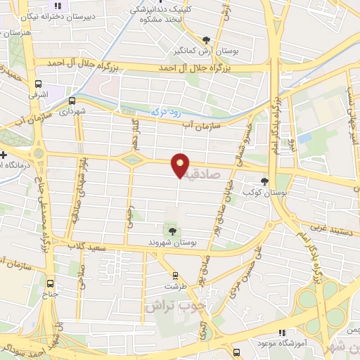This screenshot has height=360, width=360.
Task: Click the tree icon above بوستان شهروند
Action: pyautogui.click(x=172, y=229)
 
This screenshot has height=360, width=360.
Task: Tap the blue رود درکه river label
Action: pyautogui.click(x=163, y=110)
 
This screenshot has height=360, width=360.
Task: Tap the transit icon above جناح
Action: pyautogui.click(x=49, y=284)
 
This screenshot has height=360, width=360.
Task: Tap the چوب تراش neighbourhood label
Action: pyautogui.click(x=169, y=307)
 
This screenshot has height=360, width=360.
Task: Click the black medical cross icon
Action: pyautogui.click(x=4, y=155)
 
